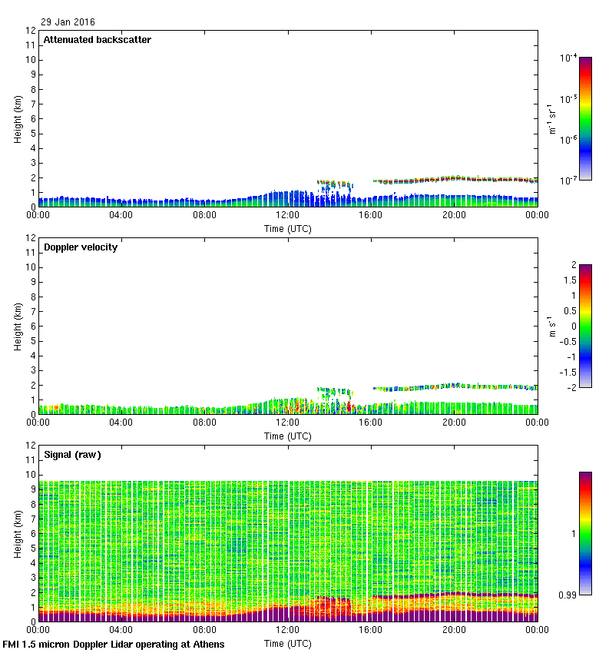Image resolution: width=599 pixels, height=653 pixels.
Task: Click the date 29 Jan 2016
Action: point(68,22)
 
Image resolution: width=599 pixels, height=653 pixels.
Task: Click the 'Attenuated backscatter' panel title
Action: point(97,40)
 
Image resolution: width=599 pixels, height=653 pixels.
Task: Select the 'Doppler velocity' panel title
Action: point(81,247)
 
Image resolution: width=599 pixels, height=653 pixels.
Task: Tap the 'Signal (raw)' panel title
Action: point(73,455)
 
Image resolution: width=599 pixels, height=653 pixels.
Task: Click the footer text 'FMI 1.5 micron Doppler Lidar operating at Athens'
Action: point(114,644)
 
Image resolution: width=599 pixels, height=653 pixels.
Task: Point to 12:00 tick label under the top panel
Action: point(288,216)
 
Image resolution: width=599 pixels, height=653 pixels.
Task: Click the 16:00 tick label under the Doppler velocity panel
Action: point(371,423)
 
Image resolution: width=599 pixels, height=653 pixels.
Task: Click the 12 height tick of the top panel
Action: point(31,31)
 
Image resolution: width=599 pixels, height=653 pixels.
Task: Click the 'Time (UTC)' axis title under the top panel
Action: point(289,228)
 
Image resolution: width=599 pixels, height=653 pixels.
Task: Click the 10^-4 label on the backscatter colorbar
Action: point(569,58)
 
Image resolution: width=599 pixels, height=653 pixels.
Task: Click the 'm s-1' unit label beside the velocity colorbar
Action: point(553,326)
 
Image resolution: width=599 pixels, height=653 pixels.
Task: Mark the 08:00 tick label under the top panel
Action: point(205,216)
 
